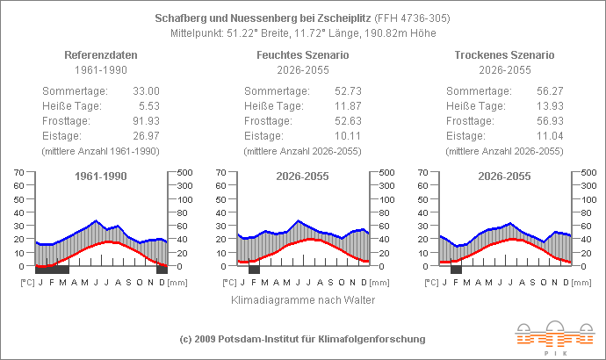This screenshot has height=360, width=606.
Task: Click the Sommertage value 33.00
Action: tap(146, 90)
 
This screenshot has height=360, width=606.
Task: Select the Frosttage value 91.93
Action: tap(146, 120)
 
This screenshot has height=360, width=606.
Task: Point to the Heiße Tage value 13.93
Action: tap(550, 105)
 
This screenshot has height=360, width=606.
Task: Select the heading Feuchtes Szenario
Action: tap(302, 54)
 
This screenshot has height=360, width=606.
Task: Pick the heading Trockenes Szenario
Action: tap(504, 54)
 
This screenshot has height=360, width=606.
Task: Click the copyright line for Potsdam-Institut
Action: tap(302, 339)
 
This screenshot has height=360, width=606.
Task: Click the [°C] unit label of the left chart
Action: tap(26, 283)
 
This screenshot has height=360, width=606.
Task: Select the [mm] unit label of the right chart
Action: tap(581, 283)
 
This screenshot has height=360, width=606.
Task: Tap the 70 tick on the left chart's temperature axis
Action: tap(18, 172)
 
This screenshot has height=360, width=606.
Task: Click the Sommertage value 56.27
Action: tap(550, 90)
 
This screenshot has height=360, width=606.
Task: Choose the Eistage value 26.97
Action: tap(146, 135)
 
